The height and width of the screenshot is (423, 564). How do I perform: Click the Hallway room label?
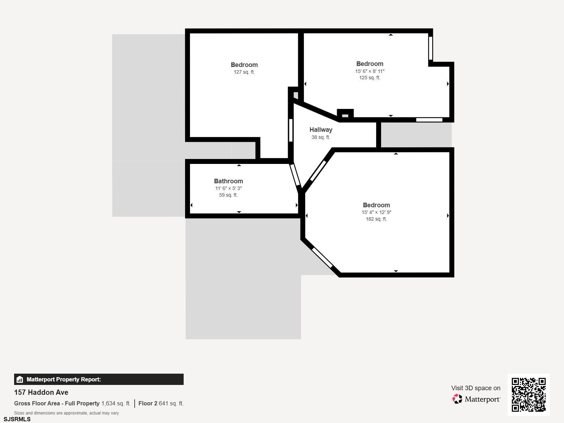(x=321, y=130)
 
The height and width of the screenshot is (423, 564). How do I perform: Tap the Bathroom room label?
(x=228, y=181)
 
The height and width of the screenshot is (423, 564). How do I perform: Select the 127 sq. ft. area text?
(x=244, y=72)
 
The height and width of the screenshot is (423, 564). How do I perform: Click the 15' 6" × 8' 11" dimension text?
(x=370, y=71)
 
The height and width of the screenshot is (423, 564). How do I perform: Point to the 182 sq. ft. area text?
(x=376, y=219)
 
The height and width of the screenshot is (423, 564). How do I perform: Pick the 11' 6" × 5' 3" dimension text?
(x=228, y=188)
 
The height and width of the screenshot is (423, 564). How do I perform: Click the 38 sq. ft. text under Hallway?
(x=321, y=137)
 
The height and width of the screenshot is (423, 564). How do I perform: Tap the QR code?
(x=528, y=394)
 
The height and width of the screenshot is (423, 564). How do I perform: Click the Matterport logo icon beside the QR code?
(x=457, y=399)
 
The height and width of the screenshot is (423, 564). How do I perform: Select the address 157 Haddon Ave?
(x=41, y=392)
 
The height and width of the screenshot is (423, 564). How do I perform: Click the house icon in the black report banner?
(x=20, y=379)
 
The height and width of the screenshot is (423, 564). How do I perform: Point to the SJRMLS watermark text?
(x=17, y=419)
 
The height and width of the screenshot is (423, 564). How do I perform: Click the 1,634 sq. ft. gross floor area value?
(x=116, y=403)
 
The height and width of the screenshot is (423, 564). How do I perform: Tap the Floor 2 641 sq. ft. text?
(x=161, y=403)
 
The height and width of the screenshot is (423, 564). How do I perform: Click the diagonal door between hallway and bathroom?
(x=295, y=174)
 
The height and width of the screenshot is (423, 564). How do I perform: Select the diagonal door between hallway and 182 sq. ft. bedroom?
(x=318, y=171)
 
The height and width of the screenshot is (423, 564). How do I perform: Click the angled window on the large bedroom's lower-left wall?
(x=322, y=258)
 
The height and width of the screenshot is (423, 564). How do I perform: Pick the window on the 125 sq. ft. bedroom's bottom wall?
(x=429, y=120)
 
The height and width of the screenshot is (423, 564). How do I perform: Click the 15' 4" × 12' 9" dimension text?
(x=376, y=213)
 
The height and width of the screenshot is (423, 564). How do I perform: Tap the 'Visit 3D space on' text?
(x=476, y=388)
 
